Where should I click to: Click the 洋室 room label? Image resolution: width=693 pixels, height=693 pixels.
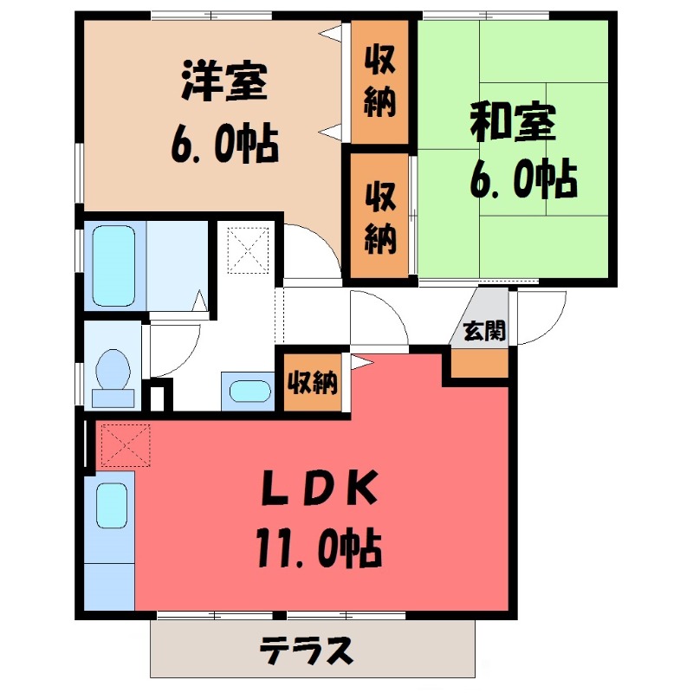click(x=223, y=84)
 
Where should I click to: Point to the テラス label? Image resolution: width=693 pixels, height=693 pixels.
click(x=308, y=649)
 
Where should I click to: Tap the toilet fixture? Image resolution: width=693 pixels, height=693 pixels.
click(x=112, y=374)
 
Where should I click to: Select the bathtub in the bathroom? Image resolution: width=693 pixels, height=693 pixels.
click(x=113, y=264)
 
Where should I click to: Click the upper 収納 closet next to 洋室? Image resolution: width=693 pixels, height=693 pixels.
click(x=379, y=81)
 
